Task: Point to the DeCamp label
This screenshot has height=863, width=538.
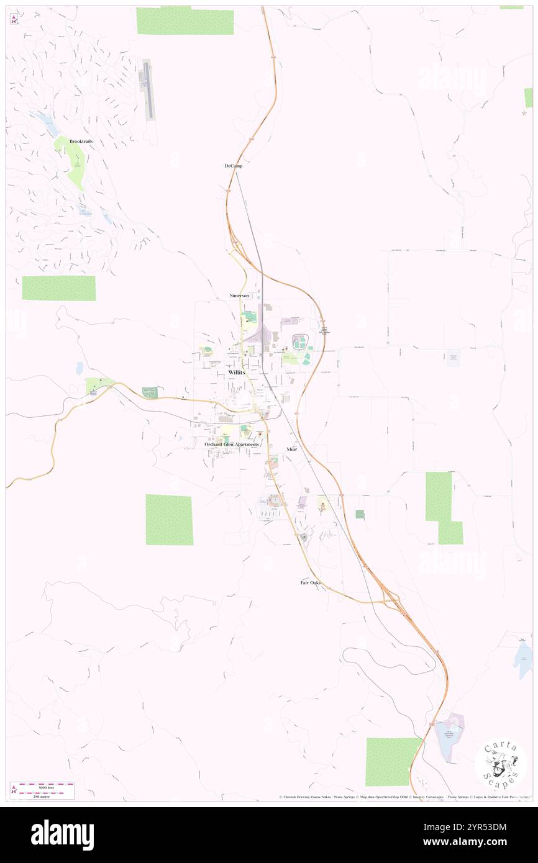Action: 234,166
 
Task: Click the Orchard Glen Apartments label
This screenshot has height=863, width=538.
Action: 232,445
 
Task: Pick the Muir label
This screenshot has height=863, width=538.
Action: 292,448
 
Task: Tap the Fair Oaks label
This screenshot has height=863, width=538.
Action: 311,583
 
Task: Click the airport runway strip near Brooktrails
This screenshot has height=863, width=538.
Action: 147,90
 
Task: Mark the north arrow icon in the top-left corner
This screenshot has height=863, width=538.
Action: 14,20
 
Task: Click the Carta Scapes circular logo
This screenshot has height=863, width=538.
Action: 501,764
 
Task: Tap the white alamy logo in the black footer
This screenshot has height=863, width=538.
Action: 62,835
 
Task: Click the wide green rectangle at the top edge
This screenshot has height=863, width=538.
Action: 185,21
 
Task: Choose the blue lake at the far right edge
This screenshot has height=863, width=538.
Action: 522,659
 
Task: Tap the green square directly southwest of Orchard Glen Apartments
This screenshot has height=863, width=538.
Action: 169,520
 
